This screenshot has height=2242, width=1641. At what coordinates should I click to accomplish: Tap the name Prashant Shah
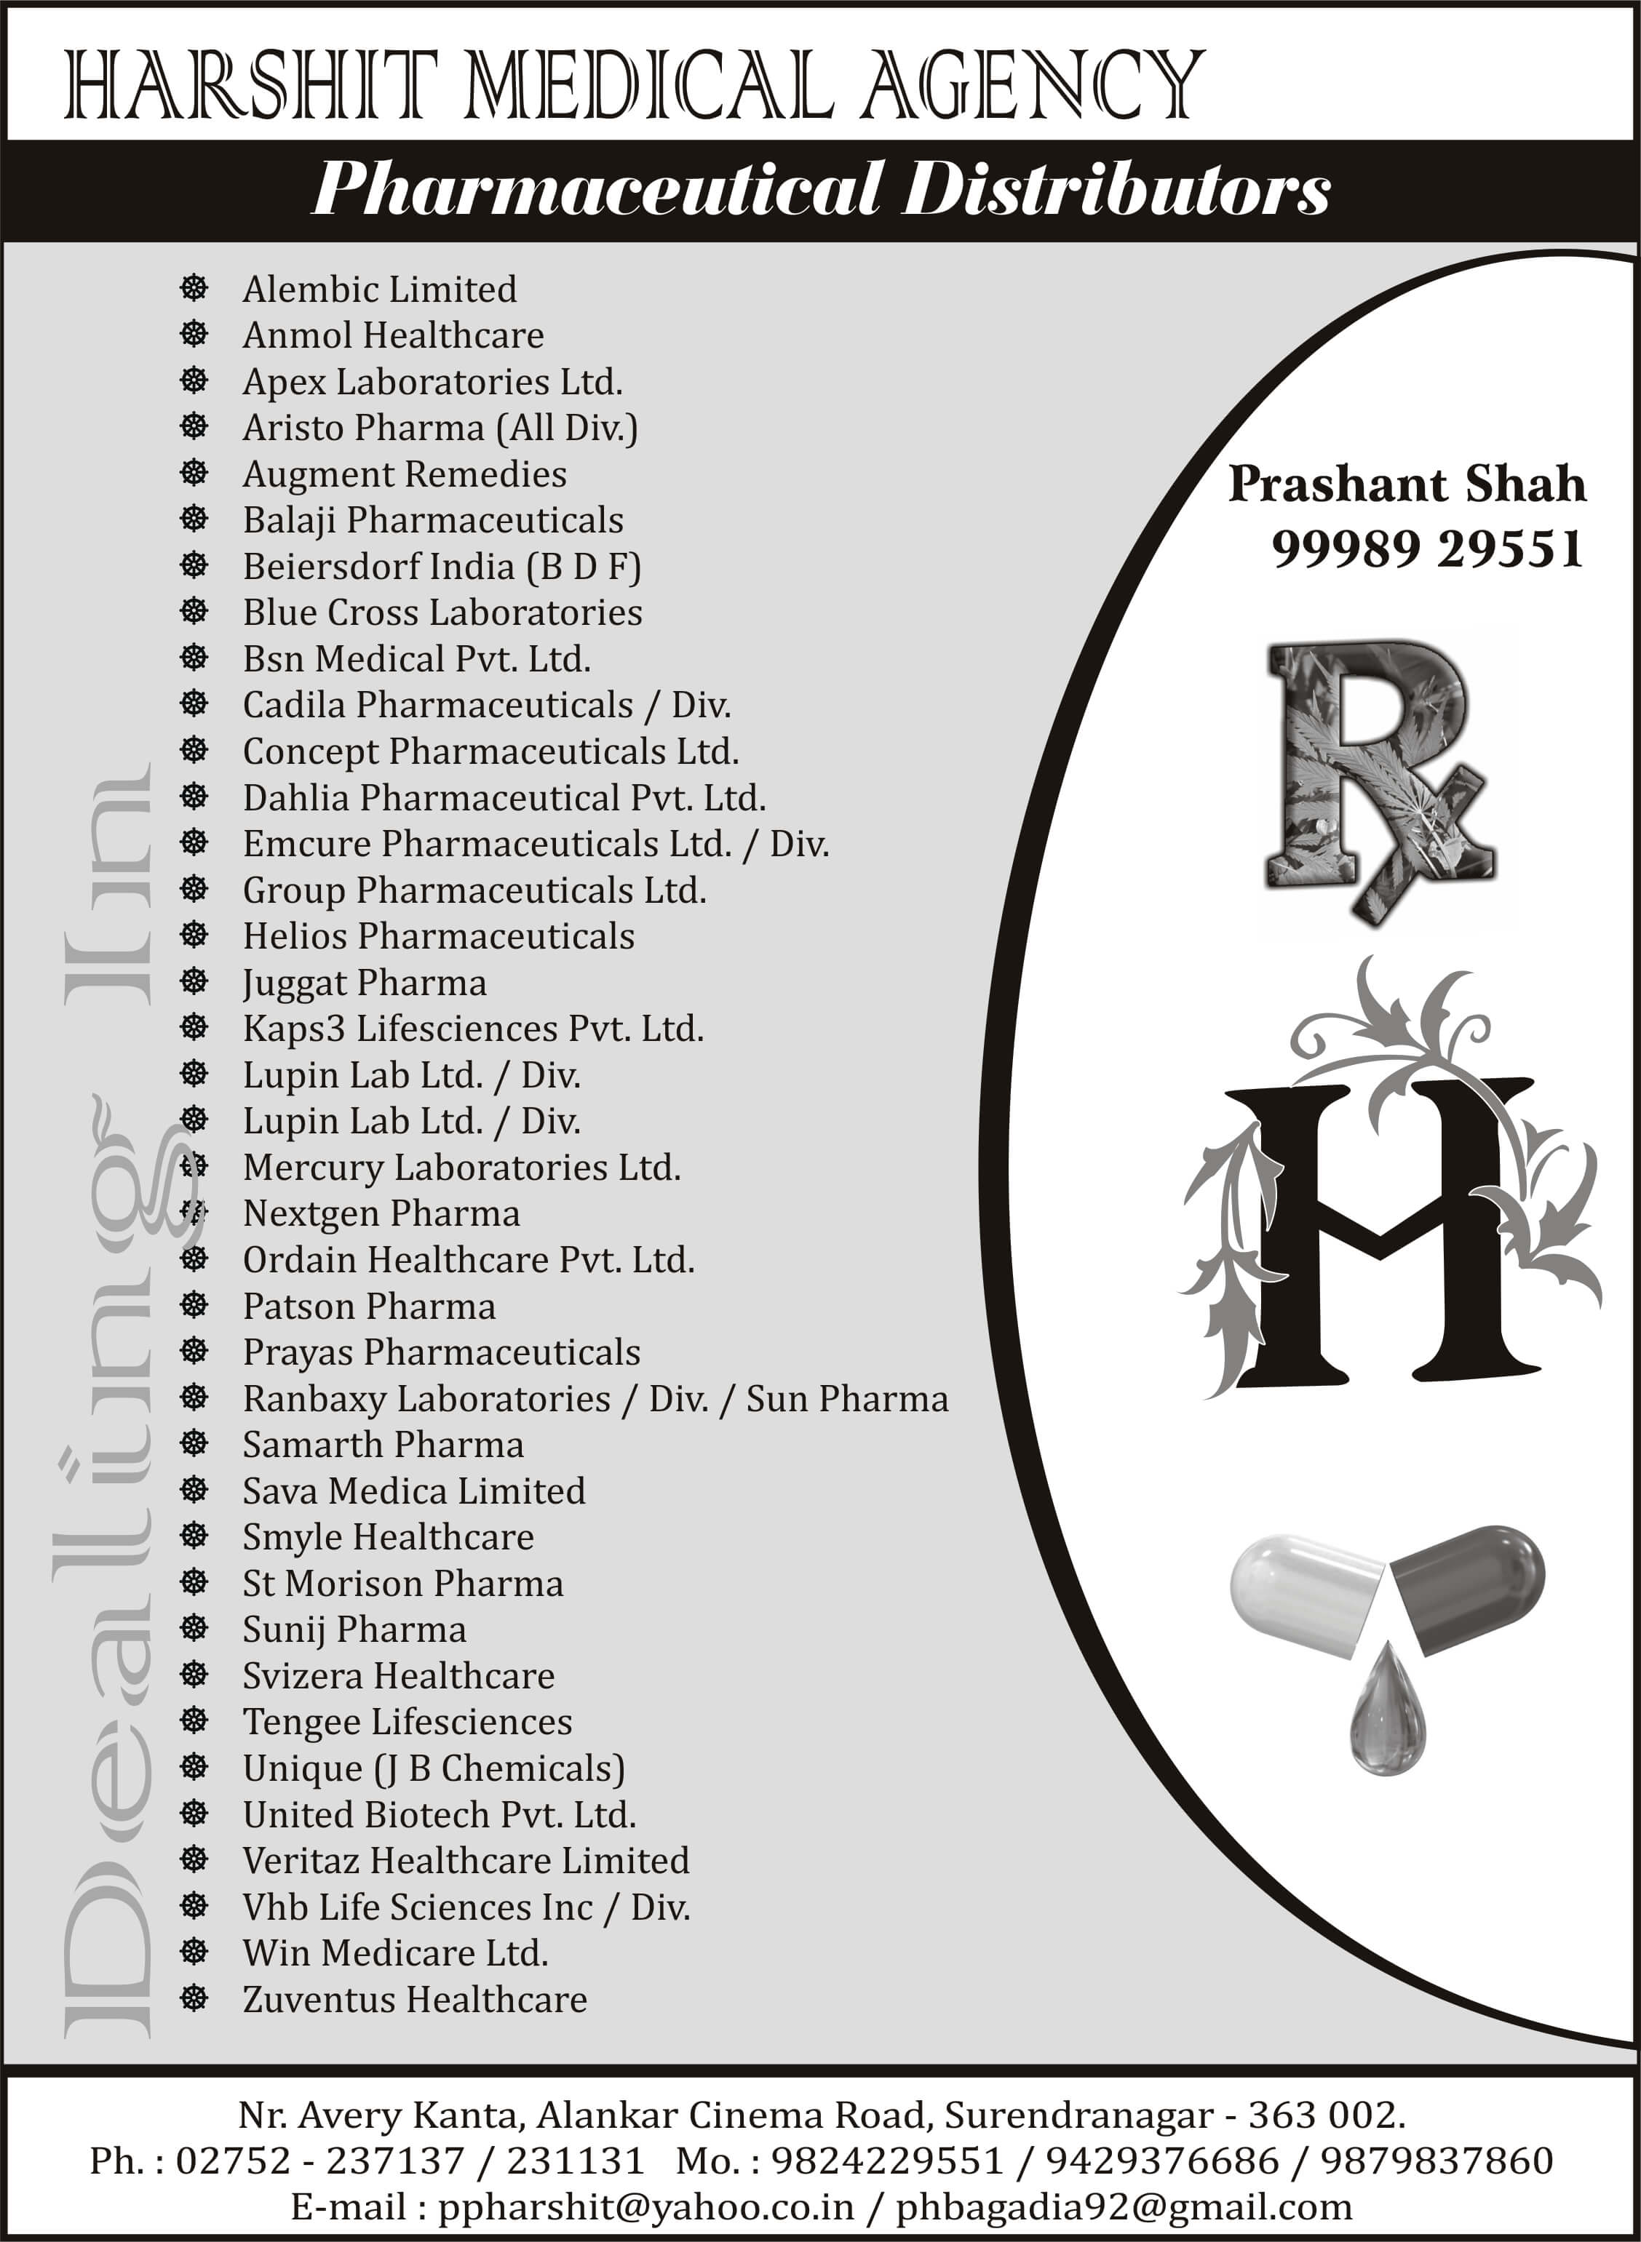pos(1407,484)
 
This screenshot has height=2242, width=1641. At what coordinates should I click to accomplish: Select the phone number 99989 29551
pos(1426,549)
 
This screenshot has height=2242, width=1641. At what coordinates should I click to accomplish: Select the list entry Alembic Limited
pos(379,289)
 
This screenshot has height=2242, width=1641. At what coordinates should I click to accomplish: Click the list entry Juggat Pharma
pos(365,983)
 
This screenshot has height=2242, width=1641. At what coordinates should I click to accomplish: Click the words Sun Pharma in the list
pos(847,1399)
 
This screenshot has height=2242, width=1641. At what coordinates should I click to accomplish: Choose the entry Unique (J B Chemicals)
pos(433,1768)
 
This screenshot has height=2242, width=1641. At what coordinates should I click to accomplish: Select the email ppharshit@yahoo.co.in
pos(645,2207)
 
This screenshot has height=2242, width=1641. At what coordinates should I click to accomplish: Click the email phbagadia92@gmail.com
pos(1124,2207)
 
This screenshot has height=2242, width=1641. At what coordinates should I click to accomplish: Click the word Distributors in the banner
pos(1116,190)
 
